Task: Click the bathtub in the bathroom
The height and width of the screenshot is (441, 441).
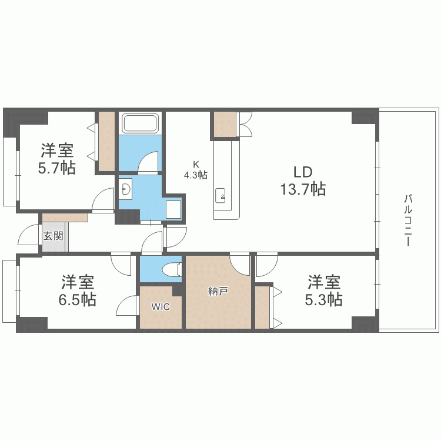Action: [139, 124]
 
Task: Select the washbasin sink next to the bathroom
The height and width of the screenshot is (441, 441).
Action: [125, 189]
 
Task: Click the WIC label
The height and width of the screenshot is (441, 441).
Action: [161, 307]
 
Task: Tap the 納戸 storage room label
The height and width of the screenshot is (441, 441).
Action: [218, 291]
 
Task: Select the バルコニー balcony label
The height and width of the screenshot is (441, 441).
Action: [407, 220]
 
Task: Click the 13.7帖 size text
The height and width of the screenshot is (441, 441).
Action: [303, 189]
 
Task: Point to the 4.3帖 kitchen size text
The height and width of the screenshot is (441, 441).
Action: [195, 175]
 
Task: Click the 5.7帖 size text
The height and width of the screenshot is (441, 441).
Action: [56, 168]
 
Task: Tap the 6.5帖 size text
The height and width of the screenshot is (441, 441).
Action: [78, 299]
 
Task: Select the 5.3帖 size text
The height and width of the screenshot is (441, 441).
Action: [323, 299]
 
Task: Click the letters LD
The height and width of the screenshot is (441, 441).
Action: [303, 172]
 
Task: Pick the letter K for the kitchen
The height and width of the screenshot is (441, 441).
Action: [196, 165]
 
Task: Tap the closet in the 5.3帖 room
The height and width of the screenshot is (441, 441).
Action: [262, 307]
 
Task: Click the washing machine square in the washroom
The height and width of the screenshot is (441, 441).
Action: [173, 209]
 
